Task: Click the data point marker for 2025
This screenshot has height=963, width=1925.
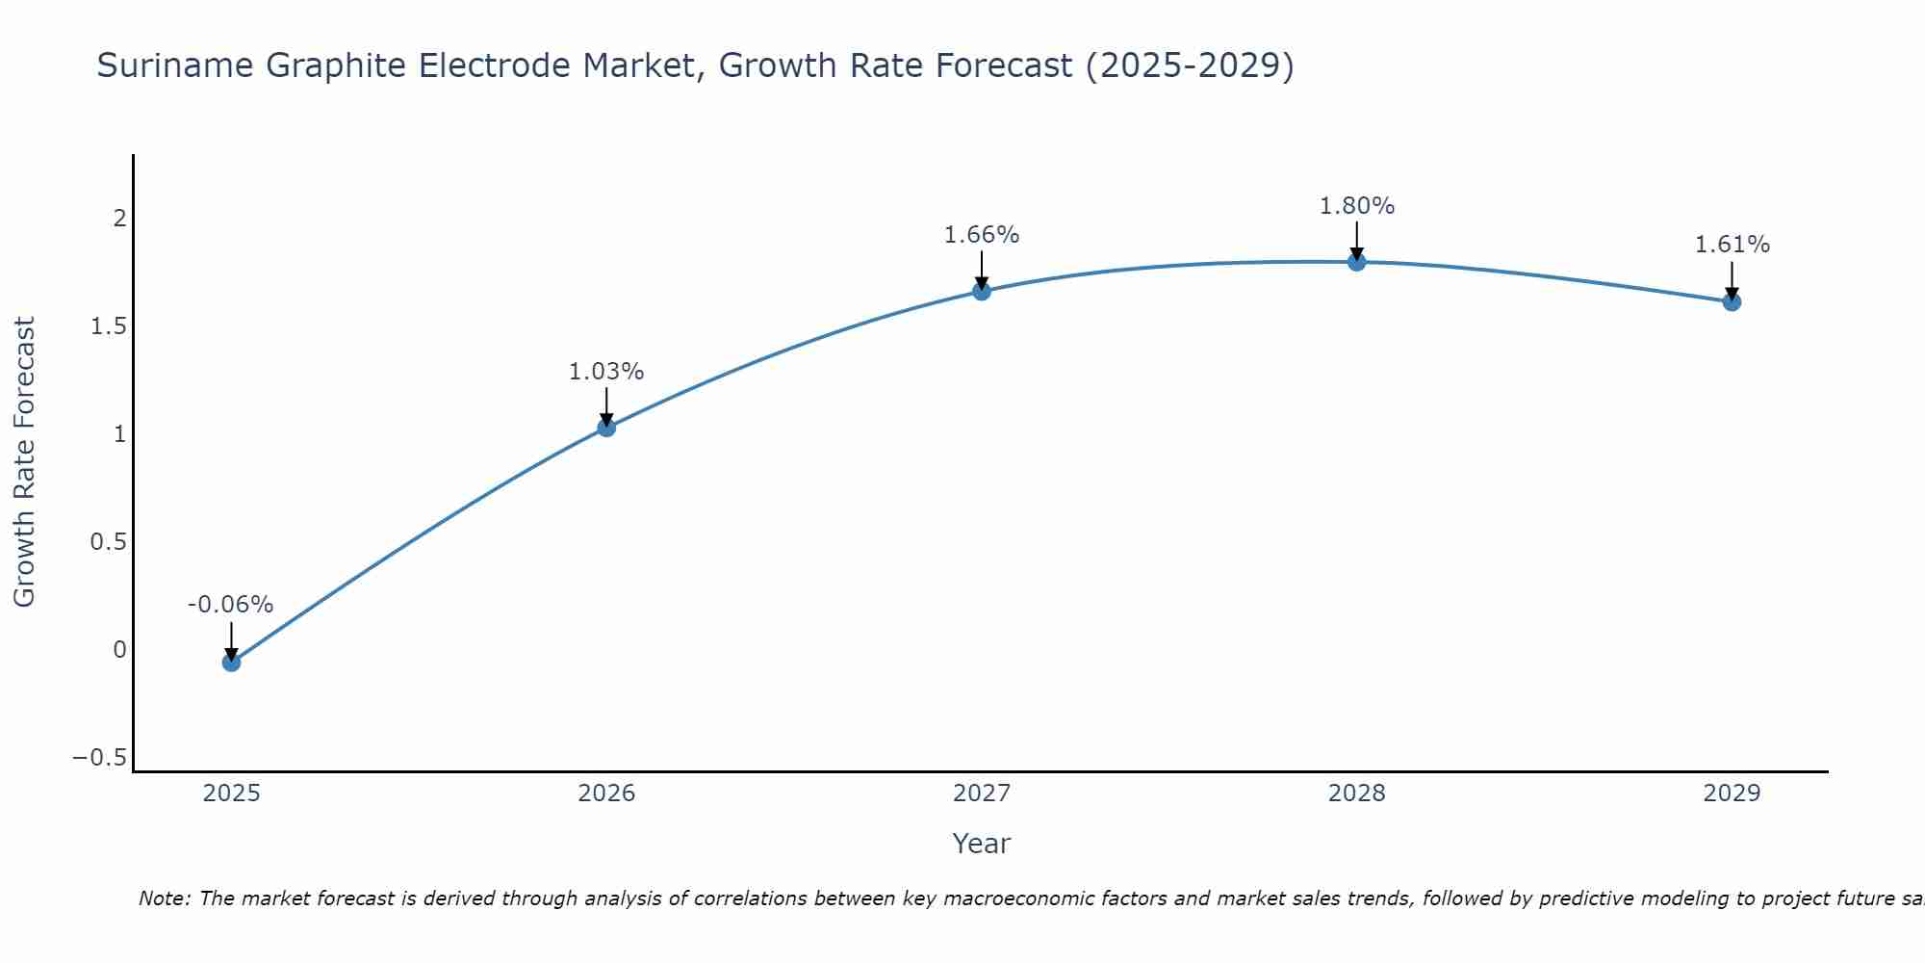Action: click(231, 662)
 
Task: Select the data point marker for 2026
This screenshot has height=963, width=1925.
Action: click(606, 427)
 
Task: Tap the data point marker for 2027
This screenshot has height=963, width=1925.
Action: click(982, 291)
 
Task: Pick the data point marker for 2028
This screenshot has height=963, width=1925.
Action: click(1357, 261)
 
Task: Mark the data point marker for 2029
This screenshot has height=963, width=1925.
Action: click(1732, 301)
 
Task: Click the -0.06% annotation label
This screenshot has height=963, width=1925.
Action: click(230, 605)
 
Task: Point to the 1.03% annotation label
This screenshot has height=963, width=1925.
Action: click(606, 372)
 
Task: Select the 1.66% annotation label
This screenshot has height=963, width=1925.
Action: click(982, 235)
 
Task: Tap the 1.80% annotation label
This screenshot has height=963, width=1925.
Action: click(1357, 206)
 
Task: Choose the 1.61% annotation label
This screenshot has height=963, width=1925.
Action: click(1732, 245)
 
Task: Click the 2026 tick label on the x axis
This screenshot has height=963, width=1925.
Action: click(606, 794)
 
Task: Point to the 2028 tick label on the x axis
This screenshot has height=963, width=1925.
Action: click(1357, 794)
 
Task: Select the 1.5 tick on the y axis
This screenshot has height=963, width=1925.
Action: click(109, 326)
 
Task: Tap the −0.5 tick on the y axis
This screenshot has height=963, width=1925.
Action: click(100, 758)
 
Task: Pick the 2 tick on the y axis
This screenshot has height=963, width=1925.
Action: click(120, 219)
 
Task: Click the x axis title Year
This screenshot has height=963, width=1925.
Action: click(981, 844)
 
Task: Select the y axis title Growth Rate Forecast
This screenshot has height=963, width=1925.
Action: click(24, 462)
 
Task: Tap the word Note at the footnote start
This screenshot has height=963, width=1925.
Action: click(164, 898)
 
